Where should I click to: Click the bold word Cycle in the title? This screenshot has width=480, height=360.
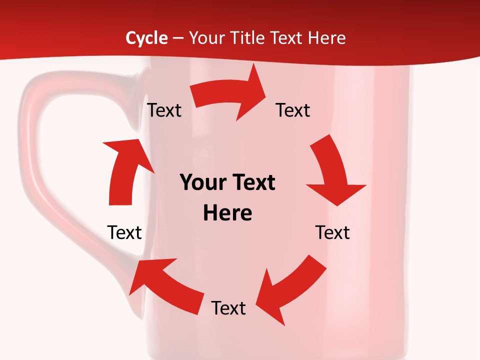pos(146,38)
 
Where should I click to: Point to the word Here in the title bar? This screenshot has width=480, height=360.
pos(326,38)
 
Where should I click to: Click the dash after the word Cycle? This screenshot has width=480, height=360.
pos(178,38)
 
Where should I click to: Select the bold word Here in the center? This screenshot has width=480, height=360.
pos(227,213)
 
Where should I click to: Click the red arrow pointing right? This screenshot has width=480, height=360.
pos(230,95)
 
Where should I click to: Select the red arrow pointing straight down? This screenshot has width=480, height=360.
pos(332,170)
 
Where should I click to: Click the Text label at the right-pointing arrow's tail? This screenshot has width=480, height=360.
pos(164,110)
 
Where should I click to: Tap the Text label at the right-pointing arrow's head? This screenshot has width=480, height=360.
pos(293,110)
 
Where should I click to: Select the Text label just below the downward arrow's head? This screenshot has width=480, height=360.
pos(332,232)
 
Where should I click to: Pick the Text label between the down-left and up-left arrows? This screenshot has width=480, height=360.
pos(228,308)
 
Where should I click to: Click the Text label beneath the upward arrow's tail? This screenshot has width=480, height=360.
pos(124,232)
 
